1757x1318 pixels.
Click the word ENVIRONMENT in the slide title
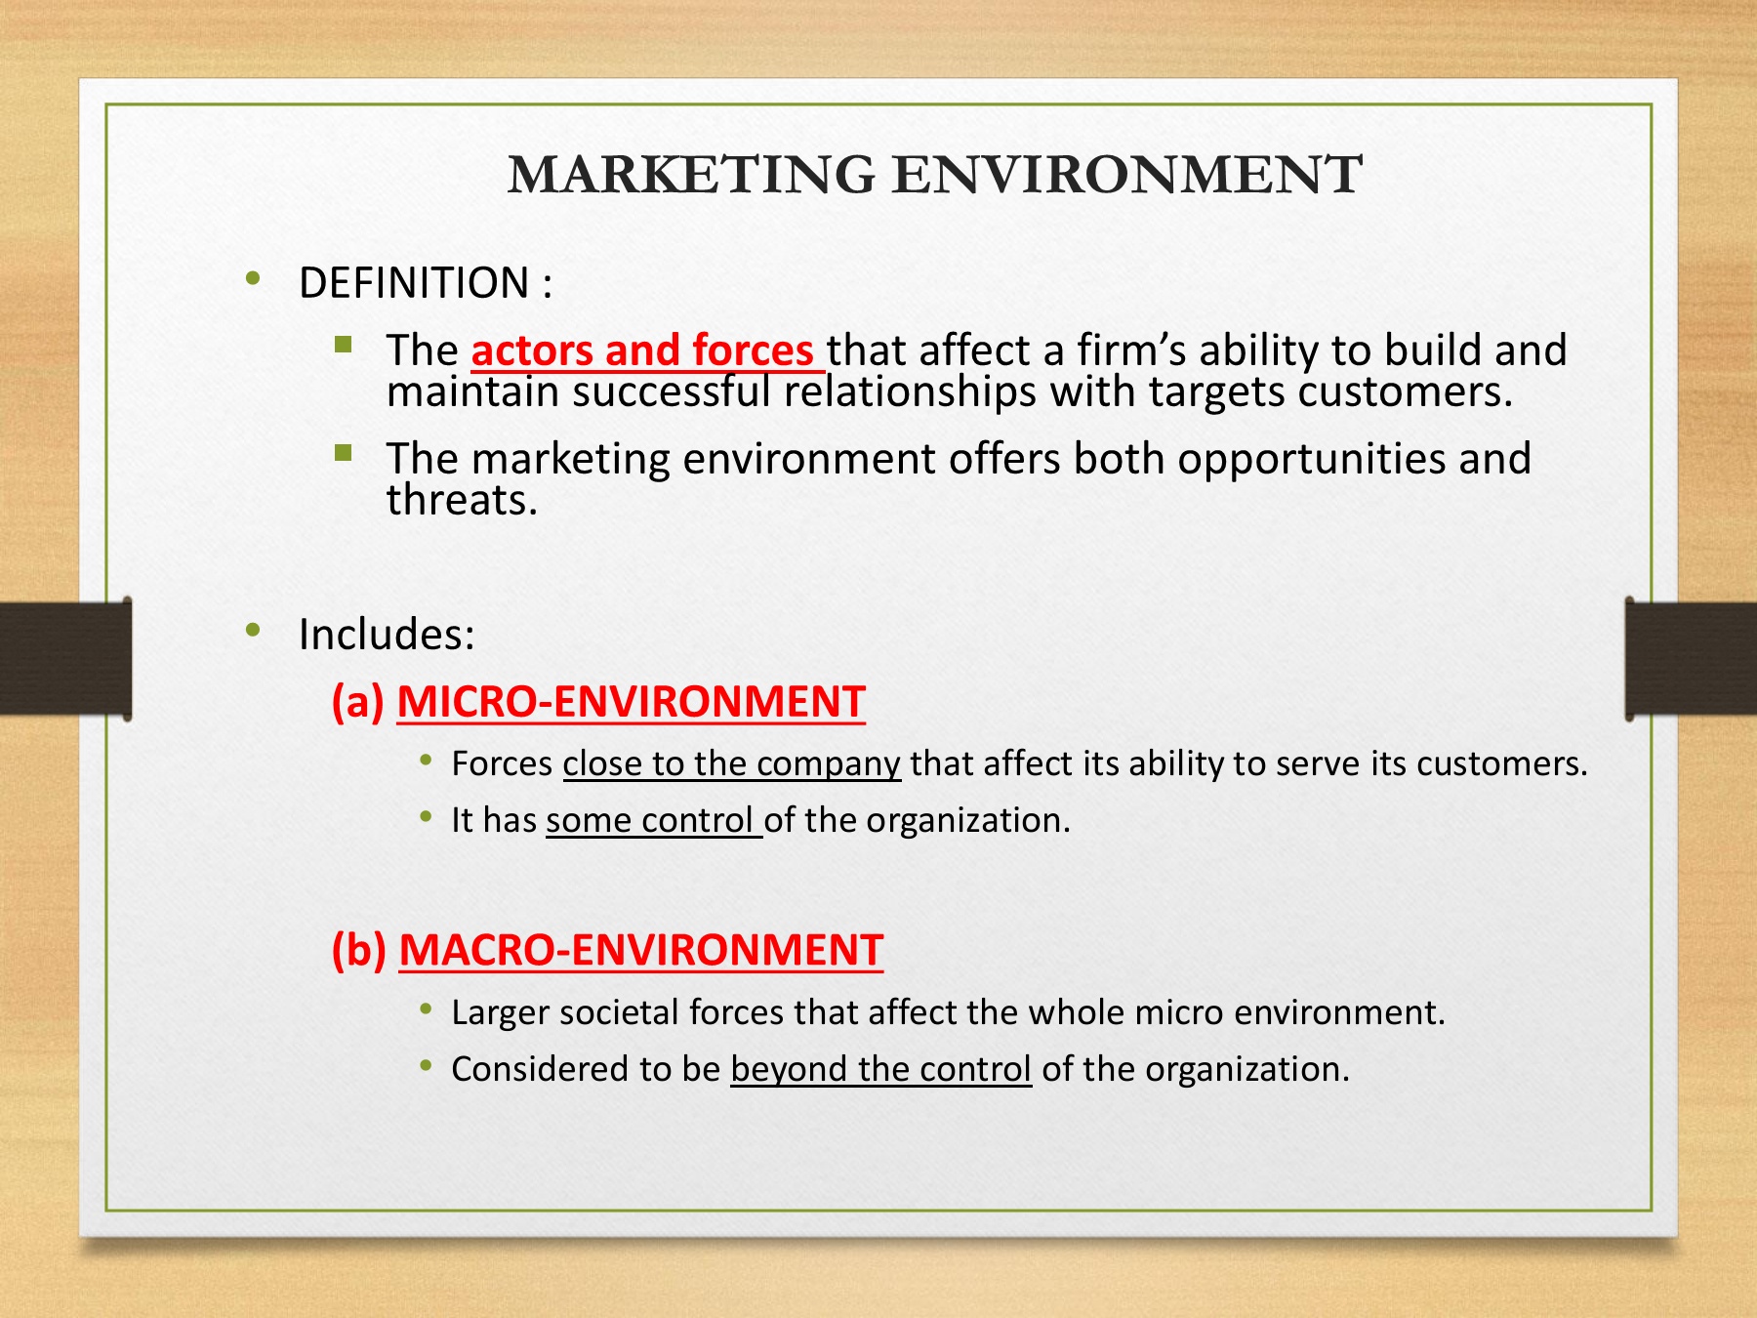coord(1127,175)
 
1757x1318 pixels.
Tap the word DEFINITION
coord(414,283)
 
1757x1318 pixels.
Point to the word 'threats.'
coord(462,500)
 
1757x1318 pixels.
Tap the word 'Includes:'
coord(387,634)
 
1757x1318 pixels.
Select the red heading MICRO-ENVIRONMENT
coord(631,702)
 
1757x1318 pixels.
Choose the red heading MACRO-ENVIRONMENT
coord(641,950)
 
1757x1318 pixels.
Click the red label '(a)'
coord(358,702)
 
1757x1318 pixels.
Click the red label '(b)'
coord(359,950)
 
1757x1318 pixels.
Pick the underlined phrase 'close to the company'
coord(731,763)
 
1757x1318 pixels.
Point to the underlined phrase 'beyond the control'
coord(880,1069)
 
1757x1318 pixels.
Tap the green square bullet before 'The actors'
coord(343,344)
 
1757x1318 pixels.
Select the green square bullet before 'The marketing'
coord(343,452)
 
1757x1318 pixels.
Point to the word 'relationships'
coord(910,392)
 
